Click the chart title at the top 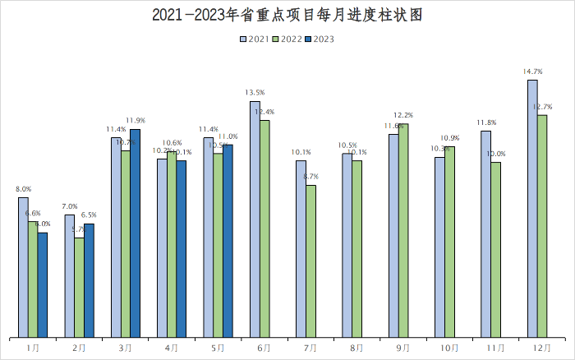tap(287, 16)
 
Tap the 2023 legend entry tap(320, 39)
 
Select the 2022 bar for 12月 tap(542, 226)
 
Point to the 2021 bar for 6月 tap(255, 219)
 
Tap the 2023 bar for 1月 tap(43, 284)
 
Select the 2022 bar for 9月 tap(403, 230)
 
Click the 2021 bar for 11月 tap(485, 233)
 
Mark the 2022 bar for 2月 tap(79, 288)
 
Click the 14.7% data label tap(532, 72)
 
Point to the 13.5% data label tap(255, 93)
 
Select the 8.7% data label tap(311, 177)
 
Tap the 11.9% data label tap(136, 121)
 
